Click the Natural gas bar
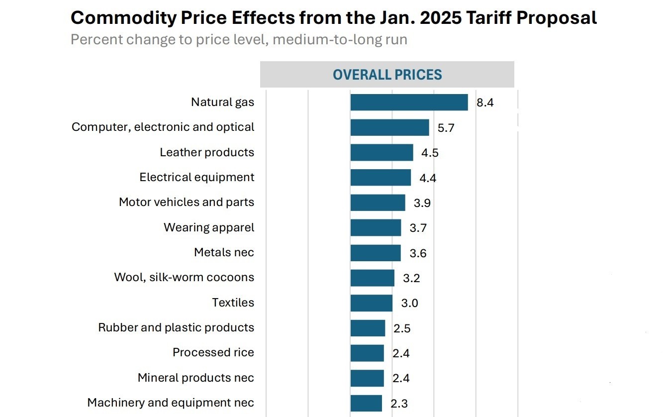tap(409, 103)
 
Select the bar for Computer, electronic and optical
tap(389, 127)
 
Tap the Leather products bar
tap(382, 153)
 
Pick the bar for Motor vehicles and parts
tap(378, 203)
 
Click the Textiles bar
tap(371, 303)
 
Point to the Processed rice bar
tap(367, 353)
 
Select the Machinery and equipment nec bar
tap(366, 403)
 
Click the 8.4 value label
tap(484, 103)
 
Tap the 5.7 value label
tap(446, 128)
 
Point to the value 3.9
tap(422, 203)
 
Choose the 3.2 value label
tap(411, 278)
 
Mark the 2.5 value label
tap(401, 328)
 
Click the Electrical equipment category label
tap(196, 177)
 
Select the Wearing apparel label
tap(209, 227)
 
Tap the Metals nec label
tap(224, 252)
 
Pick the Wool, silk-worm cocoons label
tap(184, 277)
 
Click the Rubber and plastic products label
tap(176, 327)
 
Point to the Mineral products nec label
tap(195, 378)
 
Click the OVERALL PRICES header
tap(387, 75)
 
